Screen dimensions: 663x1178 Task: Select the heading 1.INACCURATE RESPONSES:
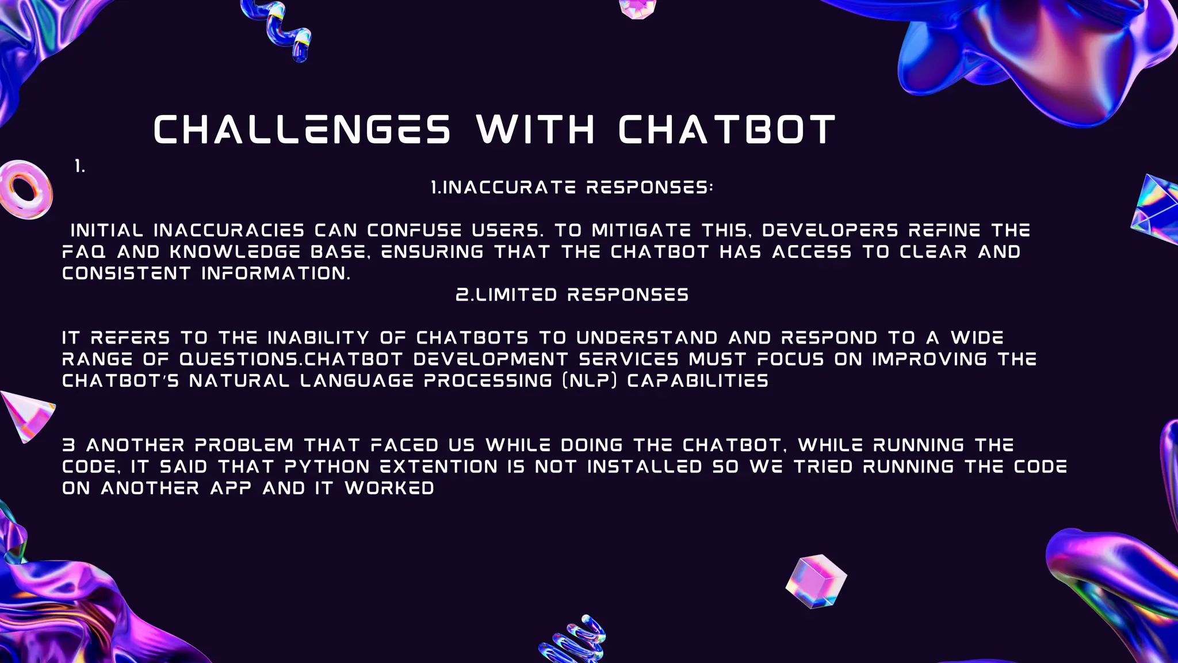click(x=572, y=187)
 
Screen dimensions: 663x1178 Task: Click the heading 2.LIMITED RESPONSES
click(x=572, y=295)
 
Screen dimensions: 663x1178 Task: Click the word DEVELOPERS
click(x=830, y=230)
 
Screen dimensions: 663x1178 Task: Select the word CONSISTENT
click(x=126, y=273)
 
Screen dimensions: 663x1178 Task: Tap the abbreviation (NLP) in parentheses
click(x=589, y=380)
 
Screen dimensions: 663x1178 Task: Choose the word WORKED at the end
click(x=389, y=488)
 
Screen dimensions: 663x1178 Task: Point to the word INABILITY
click(x=318, y=337)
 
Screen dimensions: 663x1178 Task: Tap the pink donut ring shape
click(x=25, y=189)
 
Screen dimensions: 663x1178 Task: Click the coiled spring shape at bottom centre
click(x=573, y=639)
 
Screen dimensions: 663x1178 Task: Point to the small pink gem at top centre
click(x=637, y=9)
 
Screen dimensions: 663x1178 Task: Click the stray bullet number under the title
click(x=80, y=167)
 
